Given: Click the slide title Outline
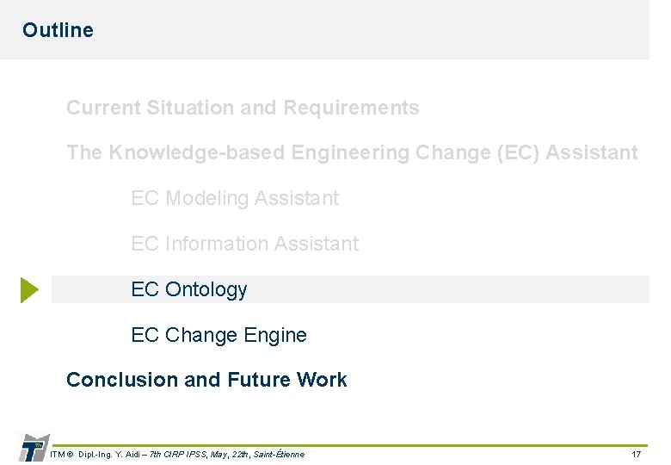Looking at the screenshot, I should click(58, 30).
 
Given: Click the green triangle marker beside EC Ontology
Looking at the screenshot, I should click(29, 289).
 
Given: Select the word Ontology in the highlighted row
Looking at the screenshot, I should click(206, 290).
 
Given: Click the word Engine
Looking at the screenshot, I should click(277, 335).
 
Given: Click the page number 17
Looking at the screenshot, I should click(636, 454).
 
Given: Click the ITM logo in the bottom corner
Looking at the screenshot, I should click(34, 449).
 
